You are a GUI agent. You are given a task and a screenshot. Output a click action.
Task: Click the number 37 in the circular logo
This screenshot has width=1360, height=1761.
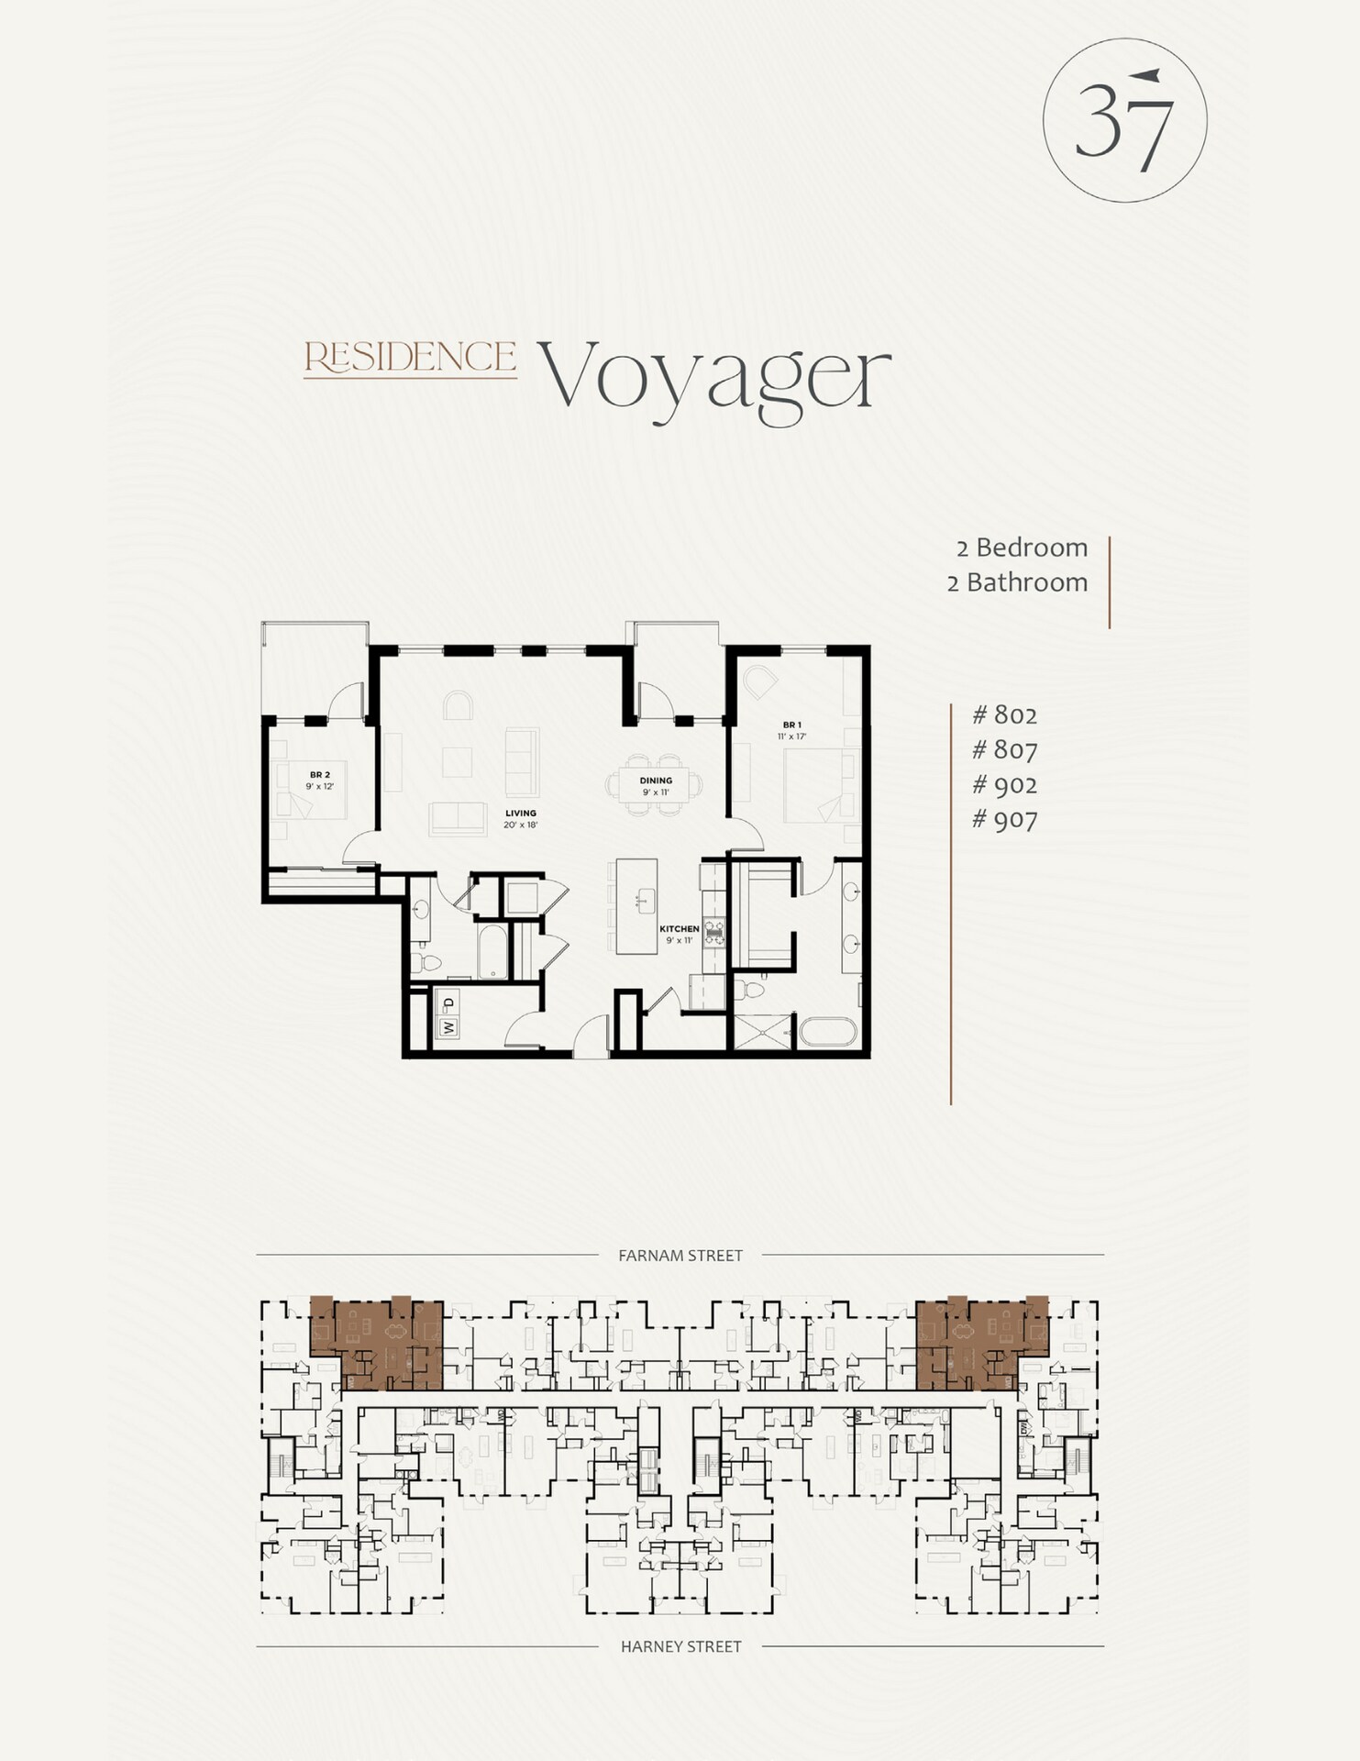pos(1124,121)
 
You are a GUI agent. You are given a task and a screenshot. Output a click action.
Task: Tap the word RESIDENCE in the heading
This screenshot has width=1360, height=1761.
pos(410,358)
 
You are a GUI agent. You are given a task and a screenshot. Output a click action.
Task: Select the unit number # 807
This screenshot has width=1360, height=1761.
pos(1004,750)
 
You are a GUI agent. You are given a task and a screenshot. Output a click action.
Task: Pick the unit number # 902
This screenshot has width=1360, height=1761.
pos(1004,785)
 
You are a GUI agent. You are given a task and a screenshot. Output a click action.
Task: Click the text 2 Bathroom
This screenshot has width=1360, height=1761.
pos(1017,582)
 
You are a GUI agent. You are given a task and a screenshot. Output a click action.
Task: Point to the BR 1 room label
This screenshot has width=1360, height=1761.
pos(791,725)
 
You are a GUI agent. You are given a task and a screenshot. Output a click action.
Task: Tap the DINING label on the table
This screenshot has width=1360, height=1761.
pos(656,781)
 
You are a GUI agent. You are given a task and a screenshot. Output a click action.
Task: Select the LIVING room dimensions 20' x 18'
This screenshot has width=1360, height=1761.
pos(520,825)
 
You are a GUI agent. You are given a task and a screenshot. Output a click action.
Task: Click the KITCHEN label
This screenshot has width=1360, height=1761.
pos(679,929)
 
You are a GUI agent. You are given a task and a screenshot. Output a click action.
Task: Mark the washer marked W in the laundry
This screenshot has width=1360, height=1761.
pos(448,1027)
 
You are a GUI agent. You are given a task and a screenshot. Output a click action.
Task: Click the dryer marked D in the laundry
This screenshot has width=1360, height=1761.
pos(448,1003)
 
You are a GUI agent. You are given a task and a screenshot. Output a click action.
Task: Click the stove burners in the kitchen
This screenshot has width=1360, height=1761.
pos(714,932)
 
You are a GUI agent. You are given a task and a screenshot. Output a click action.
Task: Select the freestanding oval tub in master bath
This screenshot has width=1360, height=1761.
pos(827,1030)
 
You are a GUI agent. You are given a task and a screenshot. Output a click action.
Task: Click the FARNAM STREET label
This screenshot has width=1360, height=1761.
pos(680,1256)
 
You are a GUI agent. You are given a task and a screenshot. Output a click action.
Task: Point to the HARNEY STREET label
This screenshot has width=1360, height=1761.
pos(680,1646)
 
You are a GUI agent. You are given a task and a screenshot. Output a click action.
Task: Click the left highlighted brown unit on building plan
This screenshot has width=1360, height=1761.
pos(376,1342)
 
